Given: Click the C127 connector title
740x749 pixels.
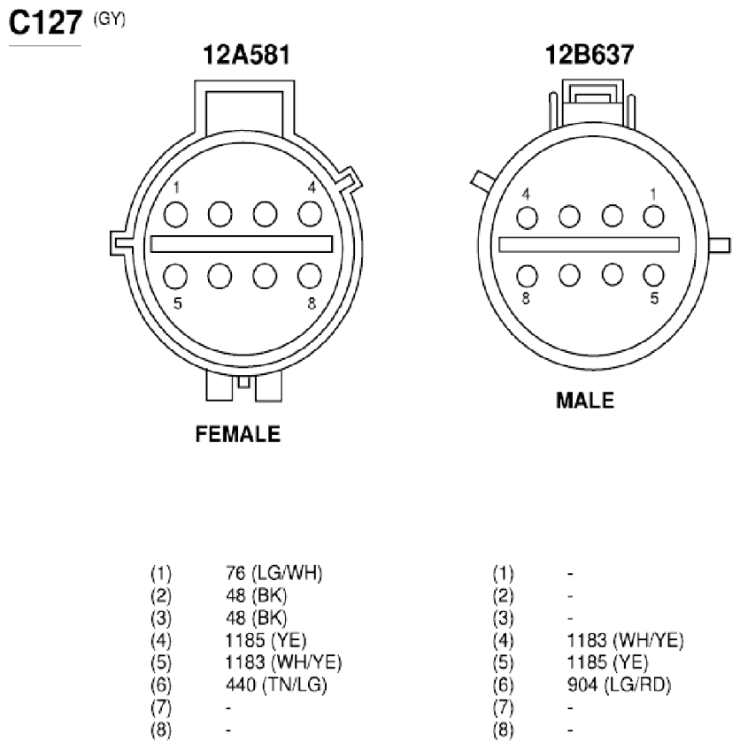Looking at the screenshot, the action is pyautogui.click(x=45, y=22).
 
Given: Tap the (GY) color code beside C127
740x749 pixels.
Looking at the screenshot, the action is pyautogui.click(x=110, y=19).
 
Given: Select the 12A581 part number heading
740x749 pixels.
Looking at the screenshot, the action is pyautogui.click(x=246, y=55).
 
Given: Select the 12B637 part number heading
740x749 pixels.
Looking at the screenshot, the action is pyautogui.click(x=590, y=55).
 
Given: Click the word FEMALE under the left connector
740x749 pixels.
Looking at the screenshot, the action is pyautogui.click(x=238, y=434).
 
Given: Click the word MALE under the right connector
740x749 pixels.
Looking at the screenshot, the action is pyautogui.click(x=585, y=401).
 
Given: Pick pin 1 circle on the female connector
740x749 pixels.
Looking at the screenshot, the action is pyautogui.click(x=175, y=214).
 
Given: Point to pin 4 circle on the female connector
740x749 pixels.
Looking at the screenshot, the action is pyautogui.click(x=310, y=214).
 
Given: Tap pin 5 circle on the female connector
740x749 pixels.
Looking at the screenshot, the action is pyautogui.click(x=175, y=276).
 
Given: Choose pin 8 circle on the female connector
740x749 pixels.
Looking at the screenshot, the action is pyautogui.click(x=310, y=276).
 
